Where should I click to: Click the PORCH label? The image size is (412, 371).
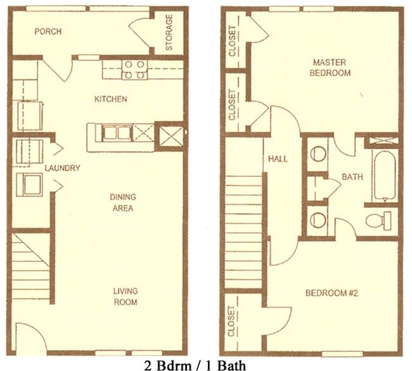click(x=48, y=32)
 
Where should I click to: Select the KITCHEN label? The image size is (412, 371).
click(x=111, y=99)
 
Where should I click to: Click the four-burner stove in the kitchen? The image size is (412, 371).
click(x=134, y=69)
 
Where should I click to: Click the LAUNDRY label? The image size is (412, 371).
click(x=62, y=168)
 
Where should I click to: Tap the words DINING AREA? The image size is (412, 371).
click(x=122, y=202)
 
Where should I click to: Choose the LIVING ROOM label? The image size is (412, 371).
click(x=126, y=296)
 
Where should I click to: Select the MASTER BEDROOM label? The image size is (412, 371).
click(x=331, y=67)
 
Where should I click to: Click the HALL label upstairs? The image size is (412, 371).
click(x=278, y=158)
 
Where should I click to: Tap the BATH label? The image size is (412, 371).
click(x=352, y=177)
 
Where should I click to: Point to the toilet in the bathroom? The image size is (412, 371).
click(x=380, y=220)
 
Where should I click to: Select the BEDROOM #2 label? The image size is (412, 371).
click(x=330, y=293)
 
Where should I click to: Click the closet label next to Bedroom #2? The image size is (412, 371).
click(x=232, y=322)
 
